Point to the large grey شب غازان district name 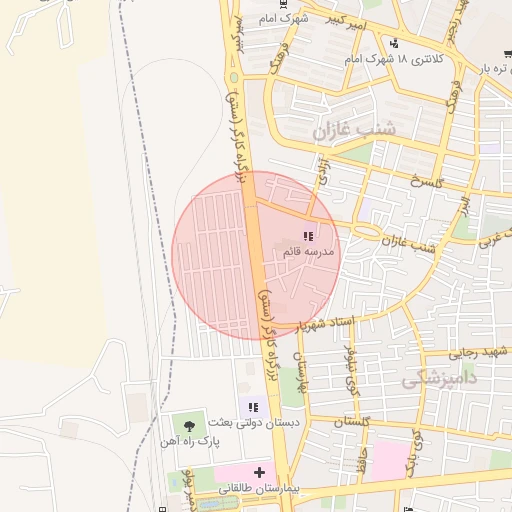point(354,131)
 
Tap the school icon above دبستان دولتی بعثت point(253,408)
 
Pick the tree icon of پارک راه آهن point(189,427)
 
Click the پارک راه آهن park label point(188,441)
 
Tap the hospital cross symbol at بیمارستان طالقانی point(259,471)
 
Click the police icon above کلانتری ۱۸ point(394,44)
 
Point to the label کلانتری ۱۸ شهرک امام point(394,60)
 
